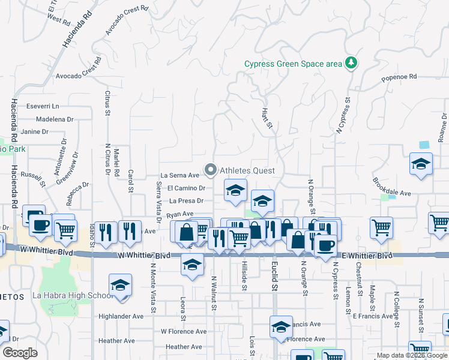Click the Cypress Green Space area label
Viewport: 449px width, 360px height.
292,64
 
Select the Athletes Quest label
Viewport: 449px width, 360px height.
247,170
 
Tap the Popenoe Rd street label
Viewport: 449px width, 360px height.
399,77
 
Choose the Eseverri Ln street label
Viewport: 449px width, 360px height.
41,106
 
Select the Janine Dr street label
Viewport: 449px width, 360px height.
34,131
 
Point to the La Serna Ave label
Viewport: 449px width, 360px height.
179,175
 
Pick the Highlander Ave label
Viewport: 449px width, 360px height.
121,316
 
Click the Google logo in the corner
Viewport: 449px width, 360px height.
20,353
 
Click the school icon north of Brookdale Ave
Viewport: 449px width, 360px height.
421,164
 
